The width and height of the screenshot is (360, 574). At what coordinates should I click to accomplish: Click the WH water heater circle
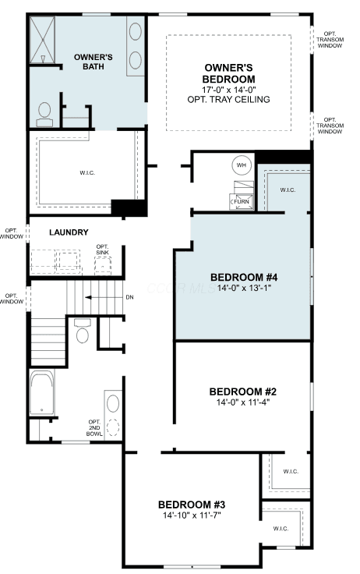click(241, 165)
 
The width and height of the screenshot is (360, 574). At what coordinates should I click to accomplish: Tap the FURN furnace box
click(241, 201)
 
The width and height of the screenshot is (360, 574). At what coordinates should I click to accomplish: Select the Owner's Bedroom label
click(228, 73)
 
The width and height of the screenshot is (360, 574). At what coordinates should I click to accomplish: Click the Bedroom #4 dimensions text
click(244, 288)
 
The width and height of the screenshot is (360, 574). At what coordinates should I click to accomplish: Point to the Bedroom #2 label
click(243, 392)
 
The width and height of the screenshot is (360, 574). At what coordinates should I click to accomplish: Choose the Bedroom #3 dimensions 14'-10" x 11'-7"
click(192, 516)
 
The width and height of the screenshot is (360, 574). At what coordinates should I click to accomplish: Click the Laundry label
click(69, 232)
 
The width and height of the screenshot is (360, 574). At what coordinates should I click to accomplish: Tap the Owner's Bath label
click(94, 62)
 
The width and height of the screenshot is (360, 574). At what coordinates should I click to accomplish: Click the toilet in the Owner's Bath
click(44, 114)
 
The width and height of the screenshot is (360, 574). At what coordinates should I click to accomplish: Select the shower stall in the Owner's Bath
click(42, 40)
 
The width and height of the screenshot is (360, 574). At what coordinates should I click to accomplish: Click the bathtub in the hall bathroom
click(42, 392)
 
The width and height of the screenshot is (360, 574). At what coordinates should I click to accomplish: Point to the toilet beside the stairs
click(82, 331)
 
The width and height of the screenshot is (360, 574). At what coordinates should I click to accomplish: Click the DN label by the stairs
click(129, 297)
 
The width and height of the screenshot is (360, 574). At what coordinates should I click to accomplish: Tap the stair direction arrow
click(103, 297)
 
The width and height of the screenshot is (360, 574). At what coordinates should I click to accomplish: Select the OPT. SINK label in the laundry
click(102, 250)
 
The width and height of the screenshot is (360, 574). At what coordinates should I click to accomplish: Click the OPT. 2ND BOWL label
click(94, 428)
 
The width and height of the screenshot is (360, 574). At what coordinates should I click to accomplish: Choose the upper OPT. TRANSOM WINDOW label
click(330, 40)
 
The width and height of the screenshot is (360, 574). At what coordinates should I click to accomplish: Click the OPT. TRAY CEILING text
click(228, 99)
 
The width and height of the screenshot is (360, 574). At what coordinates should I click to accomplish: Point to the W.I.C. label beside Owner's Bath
click(87, 173)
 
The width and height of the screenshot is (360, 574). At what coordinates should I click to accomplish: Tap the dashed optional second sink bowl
click(113, 427)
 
